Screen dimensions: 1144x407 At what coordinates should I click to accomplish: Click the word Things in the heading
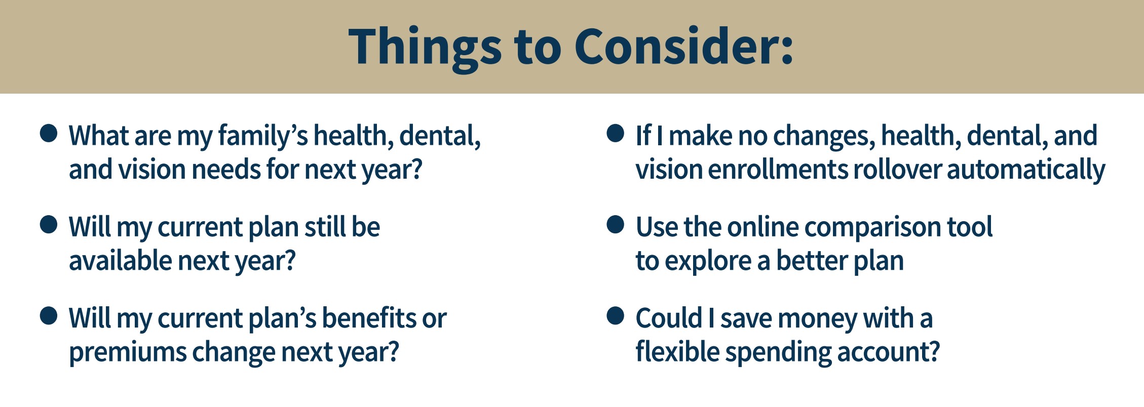pyautogui.click(x=425, y=48)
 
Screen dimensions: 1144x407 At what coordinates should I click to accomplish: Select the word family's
pyautogui.click(x=263, y=137)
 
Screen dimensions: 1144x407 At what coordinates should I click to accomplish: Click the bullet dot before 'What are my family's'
pyautogui.click(x=49, y=134)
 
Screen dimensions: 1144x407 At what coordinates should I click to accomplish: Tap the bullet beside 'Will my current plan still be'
pyautogui.click(x=49, y=225)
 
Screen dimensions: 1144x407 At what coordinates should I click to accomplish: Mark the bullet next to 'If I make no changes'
pyautogui.click(x=615, y=134)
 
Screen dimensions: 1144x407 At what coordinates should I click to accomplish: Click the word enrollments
pyautogui.click(x=778, y=169)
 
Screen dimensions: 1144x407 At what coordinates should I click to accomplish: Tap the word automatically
pyautogui.click(x=1026, y=170)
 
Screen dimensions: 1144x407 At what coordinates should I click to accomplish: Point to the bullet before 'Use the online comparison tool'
pyautogui.click(x=615, y=225)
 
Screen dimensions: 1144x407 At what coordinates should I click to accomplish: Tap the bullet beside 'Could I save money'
pyautogui.click(x=615, y=316)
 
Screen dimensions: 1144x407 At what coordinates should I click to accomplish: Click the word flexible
pyautogui.click(x=677, y=351)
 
